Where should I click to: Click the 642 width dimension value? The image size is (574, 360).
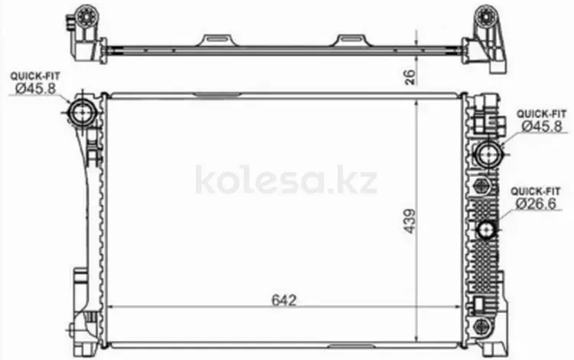(x=284, y=300)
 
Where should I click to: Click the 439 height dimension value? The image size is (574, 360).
(x=410, y=221)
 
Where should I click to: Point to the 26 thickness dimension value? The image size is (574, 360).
(x=411, y=77)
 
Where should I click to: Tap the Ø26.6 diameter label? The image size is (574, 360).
(x=536, y=203)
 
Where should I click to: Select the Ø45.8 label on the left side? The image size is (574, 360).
(x=35, y=88)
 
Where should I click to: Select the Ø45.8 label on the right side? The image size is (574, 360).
(x=542, y=126)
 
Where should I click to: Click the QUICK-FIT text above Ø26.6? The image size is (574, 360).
(x=536, y=191)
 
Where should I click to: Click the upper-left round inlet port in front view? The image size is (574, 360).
(x=82, y=113)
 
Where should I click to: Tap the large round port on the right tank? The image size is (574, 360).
(x=488, y=154)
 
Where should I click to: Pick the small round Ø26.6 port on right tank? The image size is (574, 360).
(x=487, y=230)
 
